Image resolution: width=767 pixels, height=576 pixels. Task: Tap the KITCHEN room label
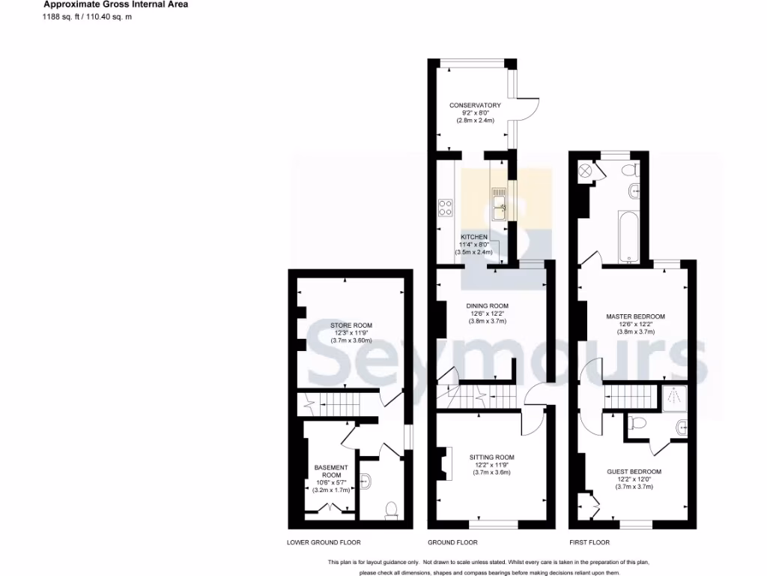tap(473, 237)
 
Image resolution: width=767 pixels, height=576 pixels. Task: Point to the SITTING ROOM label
tap(491, 457)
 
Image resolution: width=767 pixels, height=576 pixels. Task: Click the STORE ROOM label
tap(351, 325)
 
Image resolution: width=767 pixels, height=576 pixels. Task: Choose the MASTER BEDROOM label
tap(635, 316)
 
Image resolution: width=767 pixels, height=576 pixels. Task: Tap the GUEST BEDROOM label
tap(634, 472)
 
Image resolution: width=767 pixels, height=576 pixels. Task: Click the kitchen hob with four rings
tap(445, 206)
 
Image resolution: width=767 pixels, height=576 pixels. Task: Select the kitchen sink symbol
tap(500, 204)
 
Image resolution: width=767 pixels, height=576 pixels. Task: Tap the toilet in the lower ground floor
tap(391, 511)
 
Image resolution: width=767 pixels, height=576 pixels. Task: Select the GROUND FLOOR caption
tap(452, 542)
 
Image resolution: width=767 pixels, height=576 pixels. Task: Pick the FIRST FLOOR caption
tap(589, 542)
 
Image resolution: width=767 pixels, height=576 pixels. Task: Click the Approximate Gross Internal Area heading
tap(115, 4)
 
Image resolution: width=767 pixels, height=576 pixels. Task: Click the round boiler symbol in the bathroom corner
tap(586, 170)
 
